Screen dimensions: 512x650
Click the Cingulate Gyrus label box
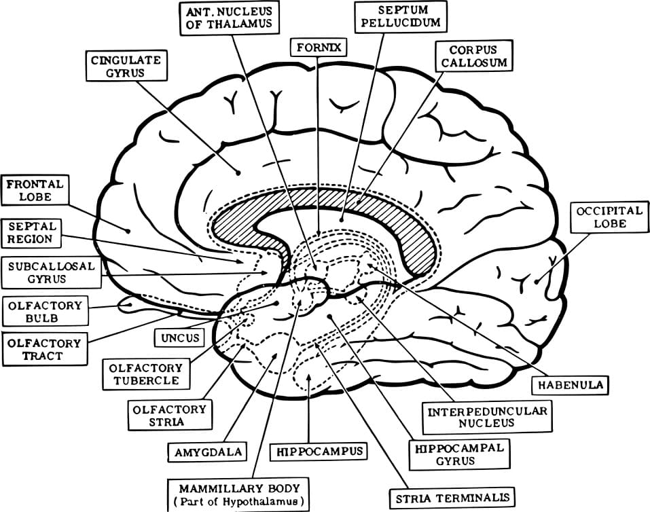tap(126, 67)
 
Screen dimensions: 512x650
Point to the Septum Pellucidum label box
tap(401, 16)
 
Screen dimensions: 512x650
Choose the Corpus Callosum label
tap(472, 56)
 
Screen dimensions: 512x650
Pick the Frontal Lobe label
tap(35, 191)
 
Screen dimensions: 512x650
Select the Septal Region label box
tap(31, 232)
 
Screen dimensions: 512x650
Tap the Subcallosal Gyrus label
tap(52, 272)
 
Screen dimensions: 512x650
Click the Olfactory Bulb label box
tap(44, 312)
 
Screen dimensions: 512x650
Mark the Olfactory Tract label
tap(44, 350)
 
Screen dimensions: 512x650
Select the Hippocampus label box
tap(319, 451)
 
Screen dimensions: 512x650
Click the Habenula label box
tap(569, 384)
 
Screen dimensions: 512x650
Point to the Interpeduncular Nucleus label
tap(486, 417)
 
